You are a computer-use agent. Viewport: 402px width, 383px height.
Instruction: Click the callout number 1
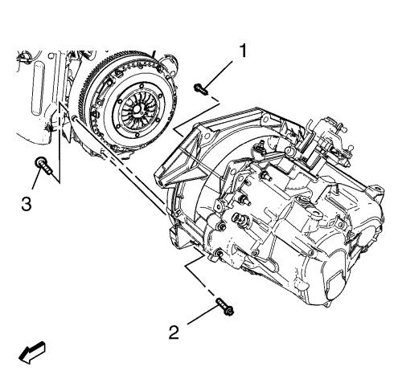[x=243, y=51]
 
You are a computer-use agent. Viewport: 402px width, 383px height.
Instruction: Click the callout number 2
[x=174, y=332]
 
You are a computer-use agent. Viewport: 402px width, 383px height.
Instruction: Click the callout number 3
[x=27, y=204]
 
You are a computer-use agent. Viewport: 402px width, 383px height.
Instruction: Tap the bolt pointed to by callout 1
[x=200, y=89]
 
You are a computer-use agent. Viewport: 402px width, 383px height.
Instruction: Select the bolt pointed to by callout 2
[x=224, y=307]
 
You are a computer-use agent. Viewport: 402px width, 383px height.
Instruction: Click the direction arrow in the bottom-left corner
[x=31, y=352]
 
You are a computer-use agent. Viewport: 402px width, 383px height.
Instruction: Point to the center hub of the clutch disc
[x=137, y=108]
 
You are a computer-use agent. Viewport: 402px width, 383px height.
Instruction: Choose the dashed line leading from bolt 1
[x=197, y=116]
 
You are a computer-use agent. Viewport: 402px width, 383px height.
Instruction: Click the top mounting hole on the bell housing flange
[x=265, y=117]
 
